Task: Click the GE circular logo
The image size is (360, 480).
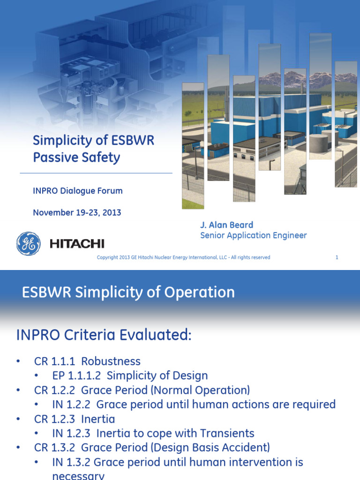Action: tap(28, 244)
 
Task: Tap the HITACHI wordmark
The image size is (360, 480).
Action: tap(77, 244)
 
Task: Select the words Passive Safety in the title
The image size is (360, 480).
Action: tap(76, 157)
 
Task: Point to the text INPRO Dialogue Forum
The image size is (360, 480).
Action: tap(77, 191)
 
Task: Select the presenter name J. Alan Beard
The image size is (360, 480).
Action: tap(227, 225)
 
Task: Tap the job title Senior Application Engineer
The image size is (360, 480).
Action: tap(253, 235)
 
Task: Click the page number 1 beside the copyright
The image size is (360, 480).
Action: tap(337, 257)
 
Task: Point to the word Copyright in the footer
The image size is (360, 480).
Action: tap(107, 257)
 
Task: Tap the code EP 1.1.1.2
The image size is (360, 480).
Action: tap(76, 376)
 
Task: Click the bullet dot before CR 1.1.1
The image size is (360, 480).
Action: tap(18, 361)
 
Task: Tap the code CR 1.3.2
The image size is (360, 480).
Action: tap(55, 448)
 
